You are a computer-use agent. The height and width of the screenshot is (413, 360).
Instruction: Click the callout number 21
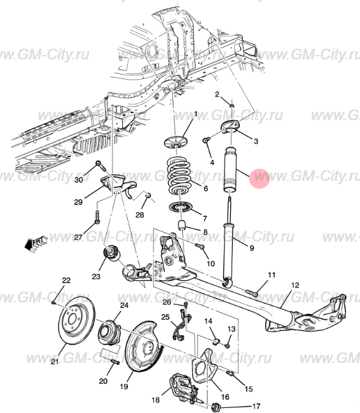(x=55, y=361)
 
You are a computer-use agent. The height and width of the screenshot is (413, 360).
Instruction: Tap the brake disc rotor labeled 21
(x=77, y=321)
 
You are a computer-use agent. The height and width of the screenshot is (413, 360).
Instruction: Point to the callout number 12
(x=295, y=285)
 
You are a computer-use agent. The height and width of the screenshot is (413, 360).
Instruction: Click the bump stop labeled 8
(x=182, y=225)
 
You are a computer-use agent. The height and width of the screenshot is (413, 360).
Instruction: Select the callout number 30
(x=78, y=180)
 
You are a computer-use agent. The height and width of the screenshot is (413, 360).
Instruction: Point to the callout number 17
(x=256, y=407)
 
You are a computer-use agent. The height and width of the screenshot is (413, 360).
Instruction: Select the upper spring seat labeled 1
(x=175, y=142)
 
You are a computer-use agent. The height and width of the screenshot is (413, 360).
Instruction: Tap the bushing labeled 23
(x=111, y=252)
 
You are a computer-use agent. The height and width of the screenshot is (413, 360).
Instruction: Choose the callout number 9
(x=252, y=248)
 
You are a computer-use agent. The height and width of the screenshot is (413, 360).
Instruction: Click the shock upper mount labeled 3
(x=231, y=126)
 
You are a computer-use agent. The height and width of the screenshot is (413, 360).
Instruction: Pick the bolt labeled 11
(x=252, y=293)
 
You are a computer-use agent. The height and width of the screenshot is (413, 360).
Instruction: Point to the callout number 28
(x=140, y=215)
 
